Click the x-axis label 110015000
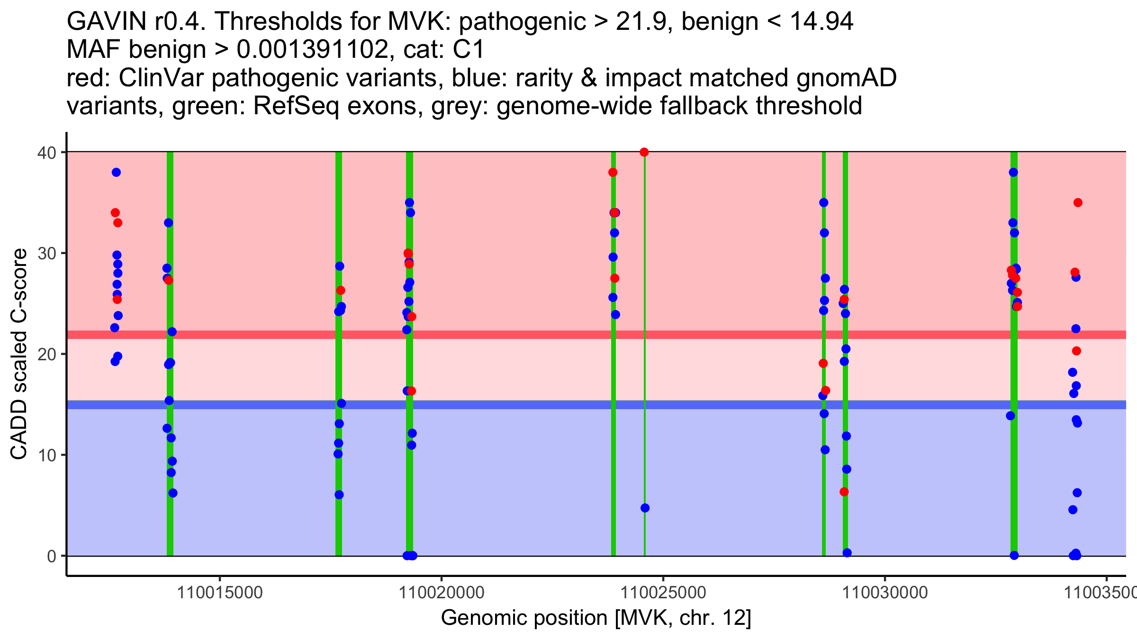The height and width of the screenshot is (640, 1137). point(219,593)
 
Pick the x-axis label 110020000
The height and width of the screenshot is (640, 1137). point(441,593)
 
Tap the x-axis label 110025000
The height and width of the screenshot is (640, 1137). point(663,593)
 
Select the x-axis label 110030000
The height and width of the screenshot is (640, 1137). point(884,593)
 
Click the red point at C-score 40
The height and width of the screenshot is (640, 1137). point(644,152)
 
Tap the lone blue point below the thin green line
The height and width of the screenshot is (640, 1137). point(645,508)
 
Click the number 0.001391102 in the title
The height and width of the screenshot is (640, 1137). point(313,50)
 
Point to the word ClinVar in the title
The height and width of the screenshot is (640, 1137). point(162,78)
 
